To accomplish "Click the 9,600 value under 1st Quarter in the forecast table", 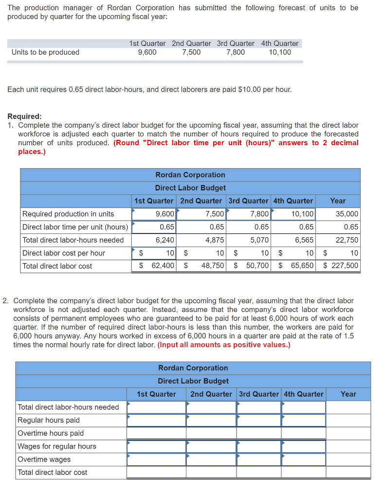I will click(147, 52).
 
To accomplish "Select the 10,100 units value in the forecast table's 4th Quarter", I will click(280, 52).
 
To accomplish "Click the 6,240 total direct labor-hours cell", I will click(165, 240).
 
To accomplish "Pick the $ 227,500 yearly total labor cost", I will click(341, 266).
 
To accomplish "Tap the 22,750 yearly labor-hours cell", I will click(347, 240).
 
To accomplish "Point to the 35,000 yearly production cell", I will click(347, 213).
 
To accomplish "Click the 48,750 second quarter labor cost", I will click(213, 266).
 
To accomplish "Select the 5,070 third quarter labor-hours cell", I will click(258, 240).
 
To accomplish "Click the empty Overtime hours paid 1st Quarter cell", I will click(156, 433).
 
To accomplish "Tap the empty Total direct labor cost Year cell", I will click(348, 472).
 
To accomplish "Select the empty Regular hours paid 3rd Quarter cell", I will click(259, 420).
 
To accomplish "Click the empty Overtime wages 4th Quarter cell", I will click(304, 459).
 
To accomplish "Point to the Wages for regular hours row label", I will click(57, 446).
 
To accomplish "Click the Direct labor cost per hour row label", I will click(64, 253).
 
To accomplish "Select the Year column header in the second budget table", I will click(348, 394).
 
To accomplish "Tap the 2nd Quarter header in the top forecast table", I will click(191, 43).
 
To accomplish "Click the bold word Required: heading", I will click(25, 116).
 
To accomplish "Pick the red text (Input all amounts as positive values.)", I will click(224, 345).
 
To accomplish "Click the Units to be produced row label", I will click(45, 52).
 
